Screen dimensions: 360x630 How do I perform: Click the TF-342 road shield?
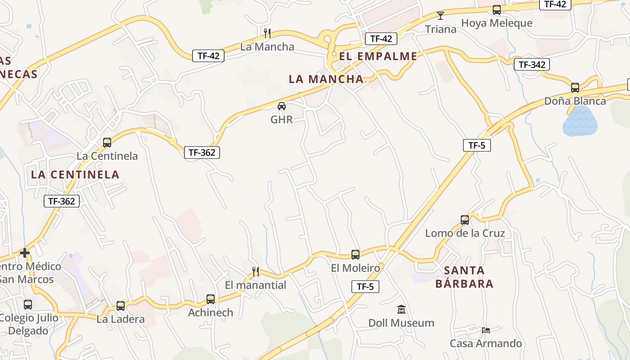[532, 64]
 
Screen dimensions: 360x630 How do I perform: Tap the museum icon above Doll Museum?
[401, 310]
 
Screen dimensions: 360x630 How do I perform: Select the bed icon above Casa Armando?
[486, 330]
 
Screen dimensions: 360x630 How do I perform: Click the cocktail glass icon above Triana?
[441, 16]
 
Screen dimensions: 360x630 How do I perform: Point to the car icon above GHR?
[282, 106]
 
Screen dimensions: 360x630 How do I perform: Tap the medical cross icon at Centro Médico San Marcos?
[25, 253]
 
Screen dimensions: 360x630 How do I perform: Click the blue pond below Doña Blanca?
[580, 122]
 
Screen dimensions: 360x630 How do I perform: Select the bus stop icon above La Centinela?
[107, 143]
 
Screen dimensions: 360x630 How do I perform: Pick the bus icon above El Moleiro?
[355, 255]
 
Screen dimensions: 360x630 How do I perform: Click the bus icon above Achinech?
[211, 299]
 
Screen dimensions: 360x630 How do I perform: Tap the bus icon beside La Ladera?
[121, 306]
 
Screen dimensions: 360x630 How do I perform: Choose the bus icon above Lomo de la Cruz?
[465, 220]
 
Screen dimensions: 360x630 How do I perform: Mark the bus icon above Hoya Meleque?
[497, 10]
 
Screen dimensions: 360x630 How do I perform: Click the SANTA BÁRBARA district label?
[464, 277]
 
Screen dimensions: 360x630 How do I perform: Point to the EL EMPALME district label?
[378, 56]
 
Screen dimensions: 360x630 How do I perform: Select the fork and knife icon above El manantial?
[256, 271]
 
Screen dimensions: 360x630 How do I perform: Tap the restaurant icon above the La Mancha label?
[267, 33]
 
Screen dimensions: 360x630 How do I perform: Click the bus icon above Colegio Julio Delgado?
[28, 305]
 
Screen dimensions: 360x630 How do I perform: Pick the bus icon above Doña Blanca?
[575, 88]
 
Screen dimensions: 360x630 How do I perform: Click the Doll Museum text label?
[401, 323]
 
